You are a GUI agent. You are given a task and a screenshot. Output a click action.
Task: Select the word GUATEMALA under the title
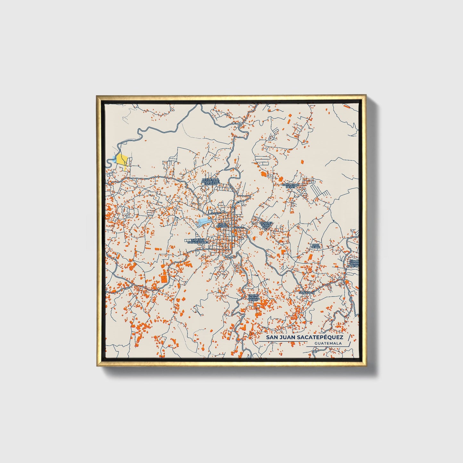(328, 343)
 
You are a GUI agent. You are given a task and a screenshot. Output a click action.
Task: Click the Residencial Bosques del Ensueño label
(211, 182)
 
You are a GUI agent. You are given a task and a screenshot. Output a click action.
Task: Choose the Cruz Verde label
(316, 246)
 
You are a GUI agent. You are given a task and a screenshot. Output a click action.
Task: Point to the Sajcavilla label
(306, 293)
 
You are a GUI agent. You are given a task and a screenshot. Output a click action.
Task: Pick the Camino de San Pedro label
(253, 298)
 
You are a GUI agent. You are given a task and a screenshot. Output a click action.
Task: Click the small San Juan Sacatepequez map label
(199, 241)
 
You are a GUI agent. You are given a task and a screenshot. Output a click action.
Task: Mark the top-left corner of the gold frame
(97, 95)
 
